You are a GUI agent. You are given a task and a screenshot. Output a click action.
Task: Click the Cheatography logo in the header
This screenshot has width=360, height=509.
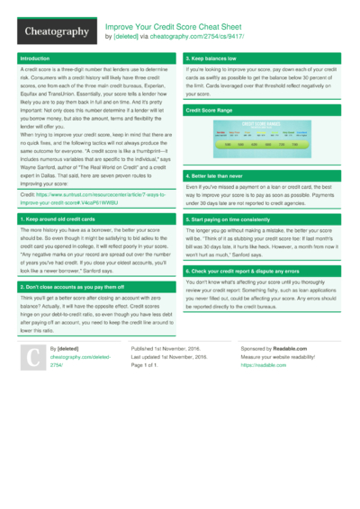[x=57, y=32]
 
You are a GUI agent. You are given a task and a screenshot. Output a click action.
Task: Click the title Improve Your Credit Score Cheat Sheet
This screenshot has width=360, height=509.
[x=175, y=27]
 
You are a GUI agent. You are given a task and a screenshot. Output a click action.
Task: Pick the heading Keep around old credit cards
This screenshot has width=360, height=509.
[x=61, y=219]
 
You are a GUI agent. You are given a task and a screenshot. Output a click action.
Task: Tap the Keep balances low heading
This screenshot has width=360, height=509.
[x=210, y=58]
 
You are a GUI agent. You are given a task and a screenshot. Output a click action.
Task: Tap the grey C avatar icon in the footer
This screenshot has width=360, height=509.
[x=31, y=358]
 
